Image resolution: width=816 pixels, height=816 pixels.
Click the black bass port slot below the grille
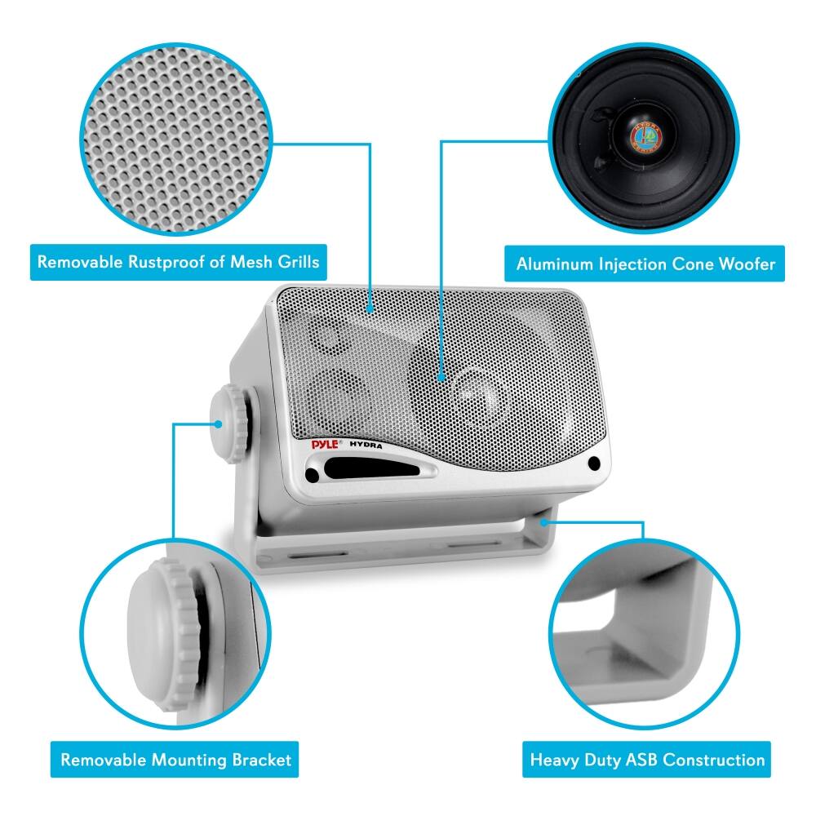[x=364, y=469]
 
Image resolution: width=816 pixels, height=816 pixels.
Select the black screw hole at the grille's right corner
[x=593, y=463]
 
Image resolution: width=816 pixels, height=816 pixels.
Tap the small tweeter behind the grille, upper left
[x=329, y=337]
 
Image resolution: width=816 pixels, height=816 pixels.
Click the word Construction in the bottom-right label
[x=712, y=761]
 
